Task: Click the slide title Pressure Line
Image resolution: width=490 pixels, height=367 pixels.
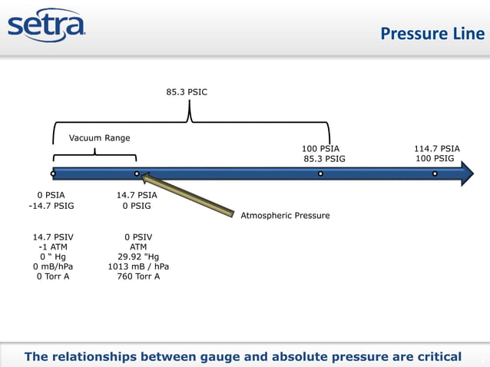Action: tap(432, 33)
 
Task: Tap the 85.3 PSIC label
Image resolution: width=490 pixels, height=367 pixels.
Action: tap(187, 91)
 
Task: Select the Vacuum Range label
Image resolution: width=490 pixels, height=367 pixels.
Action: tap(99, 138)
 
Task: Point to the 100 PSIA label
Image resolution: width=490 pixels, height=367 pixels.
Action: tap(320, 148)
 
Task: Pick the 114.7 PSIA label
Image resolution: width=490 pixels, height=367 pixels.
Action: tap(436, 148)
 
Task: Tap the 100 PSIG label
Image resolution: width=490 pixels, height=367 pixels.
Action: tap(434, 159)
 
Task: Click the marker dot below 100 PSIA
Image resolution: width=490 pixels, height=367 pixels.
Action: tap(320, 174)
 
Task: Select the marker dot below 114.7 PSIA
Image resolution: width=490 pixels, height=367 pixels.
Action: tap(435, 174)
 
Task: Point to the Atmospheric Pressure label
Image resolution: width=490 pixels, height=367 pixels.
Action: tap(285, 216)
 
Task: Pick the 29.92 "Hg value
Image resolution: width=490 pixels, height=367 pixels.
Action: tap(138, 257)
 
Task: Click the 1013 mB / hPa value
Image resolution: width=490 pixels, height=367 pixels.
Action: tap(138, 267)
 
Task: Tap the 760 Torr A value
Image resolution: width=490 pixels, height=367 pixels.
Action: tap(138, 276)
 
